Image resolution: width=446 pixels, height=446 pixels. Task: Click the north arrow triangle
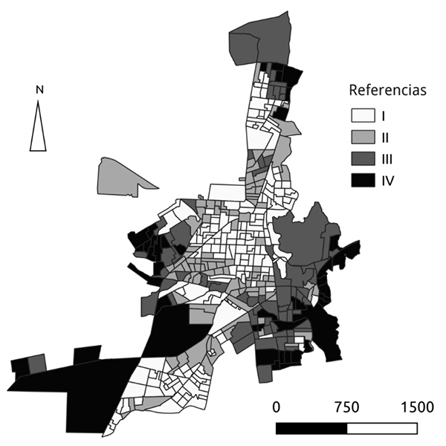[39, 128]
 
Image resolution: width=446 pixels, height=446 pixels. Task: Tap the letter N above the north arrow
[39, 91]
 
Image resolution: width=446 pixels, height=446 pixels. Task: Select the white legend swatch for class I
[362, 117]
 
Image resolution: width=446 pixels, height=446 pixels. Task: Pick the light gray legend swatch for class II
[362, 138]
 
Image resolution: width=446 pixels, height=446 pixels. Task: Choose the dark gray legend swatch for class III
[362, 159]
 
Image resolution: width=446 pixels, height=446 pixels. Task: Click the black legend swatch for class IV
[362, 180]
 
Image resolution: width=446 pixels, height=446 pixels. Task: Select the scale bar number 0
[277, 407]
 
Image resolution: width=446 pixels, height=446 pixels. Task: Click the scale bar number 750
[346, 407]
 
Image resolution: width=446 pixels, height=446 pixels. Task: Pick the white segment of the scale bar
[381, 429]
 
